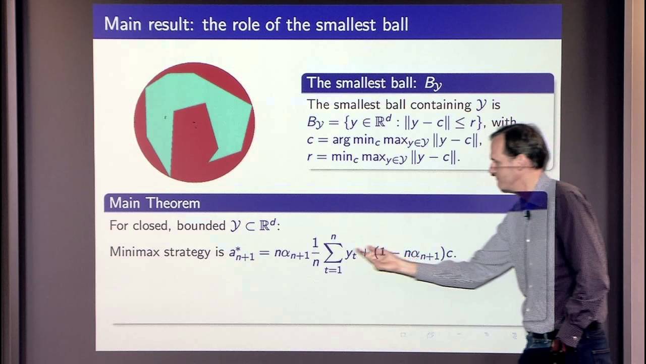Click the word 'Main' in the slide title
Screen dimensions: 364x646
coord(123,24)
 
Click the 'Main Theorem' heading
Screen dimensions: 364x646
coord(154,203)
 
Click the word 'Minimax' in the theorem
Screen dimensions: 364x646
coord(134,252)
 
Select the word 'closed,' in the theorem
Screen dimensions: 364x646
coord(152,225)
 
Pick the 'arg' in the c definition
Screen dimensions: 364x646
coord(342,140)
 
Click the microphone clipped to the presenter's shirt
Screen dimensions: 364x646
coord(527,215)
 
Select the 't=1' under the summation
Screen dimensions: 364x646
coord(333,270)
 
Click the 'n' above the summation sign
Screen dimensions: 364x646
coord(333,236)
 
